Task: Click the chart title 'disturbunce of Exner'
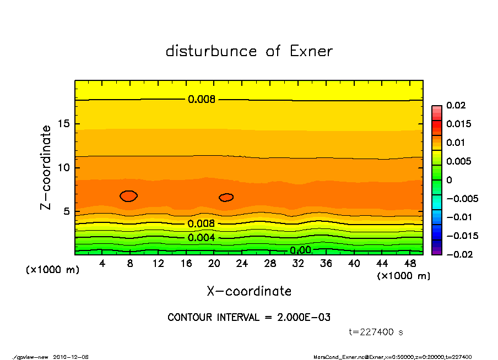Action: pyautogui.click(x=249, y=51)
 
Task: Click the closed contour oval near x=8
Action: pyautogui.click(x=128, y=196)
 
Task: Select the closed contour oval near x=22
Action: pyautogui.click(x=226, y=197)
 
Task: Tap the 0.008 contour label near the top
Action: pyautogui.click(x=202, y=100)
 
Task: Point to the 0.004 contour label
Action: pyautogui.click(x=201, y=238)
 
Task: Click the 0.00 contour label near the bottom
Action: pyautogui.click(x=301, y=250)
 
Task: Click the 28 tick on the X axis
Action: pyautogui.click(x=270, y=264)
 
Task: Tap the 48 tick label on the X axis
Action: pyautogui.click(x=409, y=264)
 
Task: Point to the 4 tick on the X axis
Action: pyautogui.click(x=102, y=264)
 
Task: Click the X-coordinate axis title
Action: pyautogui.click(x=249, y=291)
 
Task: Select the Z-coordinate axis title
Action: pyautogui.click(x=46, y=167)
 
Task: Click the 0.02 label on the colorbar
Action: pyautogui.click(x=457, y=105)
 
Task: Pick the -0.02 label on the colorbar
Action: pyautogui.click(x=459, y=254)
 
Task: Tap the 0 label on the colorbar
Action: pyautogui.click(x=449, y=180)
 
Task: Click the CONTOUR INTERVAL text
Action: pyautogui.click(x=249, y=318)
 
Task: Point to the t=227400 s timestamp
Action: pyautogui.click(x=376, y=332)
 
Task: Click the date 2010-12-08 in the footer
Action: pyautogui.click(x=71, y=357)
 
